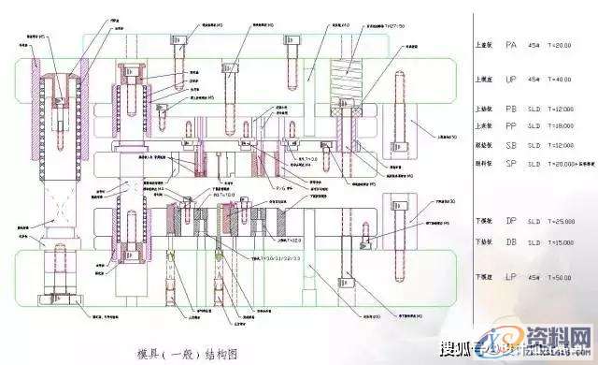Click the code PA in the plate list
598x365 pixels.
[x=510, y=45]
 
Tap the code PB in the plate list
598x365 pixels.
[x=510, y=109]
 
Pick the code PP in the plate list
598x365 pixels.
[x=510, y=124]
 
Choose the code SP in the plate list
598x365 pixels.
[x=510, y=163]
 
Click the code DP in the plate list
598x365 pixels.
[x=510, y=221]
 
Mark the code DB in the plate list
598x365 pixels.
[x=510, y=242]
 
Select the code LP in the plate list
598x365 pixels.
[x=510, y=277]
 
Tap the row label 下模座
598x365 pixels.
[x=483, y=278]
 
